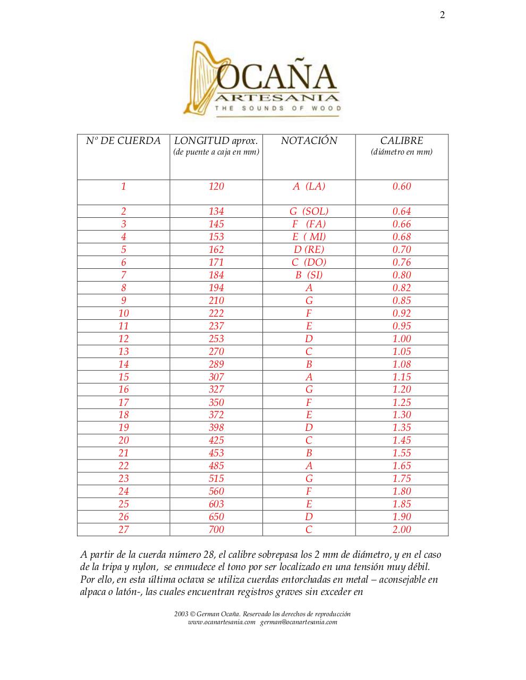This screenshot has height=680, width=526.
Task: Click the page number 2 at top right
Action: [x=442, y=15]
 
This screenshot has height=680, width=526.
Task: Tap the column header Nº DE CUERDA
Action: [x=123, y=141]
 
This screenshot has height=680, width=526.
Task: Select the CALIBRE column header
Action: [x=402, y=141]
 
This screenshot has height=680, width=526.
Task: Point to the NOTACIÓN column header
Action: [x=309, y=141]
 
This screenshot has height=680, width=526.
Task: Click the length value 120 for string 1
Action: [x=216, y=186]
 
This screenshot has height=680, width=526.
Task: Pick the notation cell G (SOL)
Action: [x=309, y=211]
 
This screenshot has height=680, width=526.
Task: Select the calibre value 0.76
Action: [x=402, y=262]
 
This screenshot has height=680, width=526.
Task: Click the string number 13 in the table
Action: [x=123, y=351]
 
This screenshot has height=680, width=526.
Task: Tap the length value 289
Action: [x=216, y=364]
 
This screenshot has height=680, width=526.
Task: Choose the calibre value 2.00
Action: [x=402, y=529]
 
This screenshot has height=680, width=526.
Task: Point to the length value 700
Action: [x=216, y=529]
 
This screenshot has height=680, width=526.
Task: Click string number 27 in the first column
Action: [x=123, y=529]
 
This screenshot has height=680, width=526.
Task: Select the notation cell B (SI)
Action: [x=309, y=275]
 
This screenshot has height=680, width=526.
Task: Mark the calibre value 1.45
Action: [x=402, y=440]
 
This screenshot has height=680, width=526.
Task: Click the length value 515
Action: [x=216, y=478]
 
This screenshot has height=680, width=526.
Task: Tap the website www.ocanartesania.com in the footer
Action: [x=222, y=622]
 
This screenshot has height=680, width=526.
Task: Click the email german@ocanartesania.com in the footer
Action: [x=299, y=622]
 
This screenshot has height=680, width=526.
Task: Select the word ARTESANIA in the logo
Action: [x=277, y=97]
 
